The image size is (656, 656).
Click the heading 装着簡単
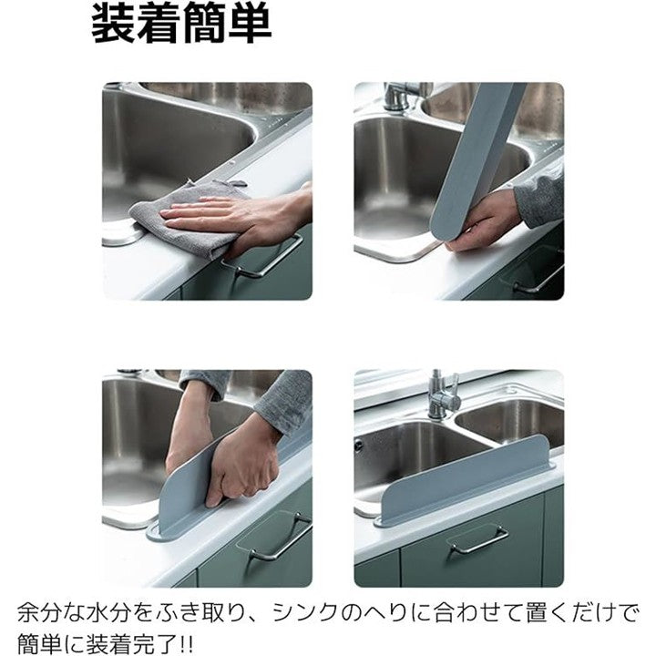(x=181, y=25)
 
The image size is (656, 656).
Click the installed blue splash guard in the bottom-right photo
(x=465, y=481)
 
